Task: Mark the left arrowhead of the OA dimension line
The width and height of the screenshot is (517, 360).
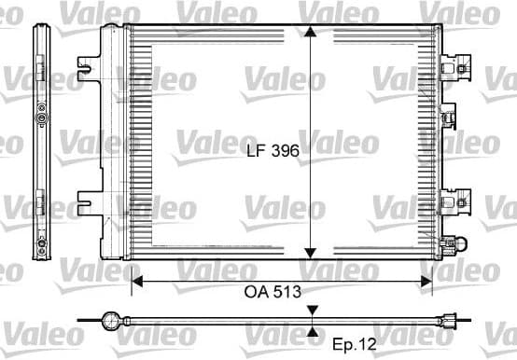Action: click(x=136, y=278)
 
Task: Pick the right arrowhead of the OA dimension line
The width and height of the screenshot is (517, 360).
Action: click(x=427, y=278)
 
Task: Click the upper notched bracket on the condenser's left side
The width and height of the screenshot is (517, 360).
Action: click(x=90, y=67)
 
